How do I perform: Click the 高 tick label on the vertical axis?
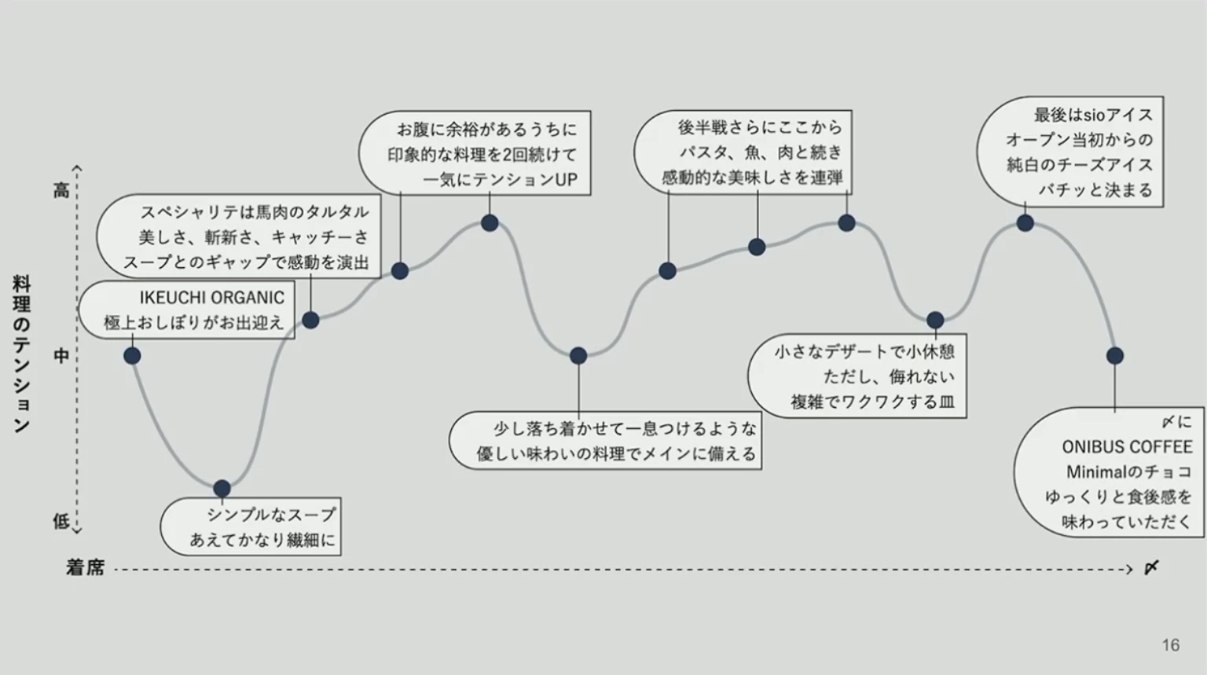click(61, 190)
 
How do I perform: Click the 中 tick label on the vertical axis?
click(61, 356)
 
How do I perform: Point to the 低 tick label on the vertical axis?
click(61, 520)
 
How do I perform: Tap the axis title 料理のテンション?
click(21, 354)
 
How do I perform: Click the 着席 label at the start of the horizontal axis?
click(85, 568)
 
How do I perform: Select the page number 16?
click(1170, 645)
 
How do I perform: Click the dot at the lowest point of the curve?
click(222, 489)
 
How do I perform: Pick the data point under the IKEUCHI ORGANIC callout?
click(132, 356)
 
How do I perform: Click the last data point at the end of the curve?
click(1114, 356)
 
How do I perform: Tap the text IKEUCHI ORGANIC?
click(211, 298)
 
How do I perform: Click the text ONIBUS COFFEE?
click(1127, 447)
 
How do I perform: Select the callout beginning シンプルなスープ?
click(251, 526)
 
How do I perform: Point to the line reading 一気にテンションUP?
click(500, 180)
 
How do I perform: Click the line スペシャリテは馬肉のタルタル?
click(254, 212)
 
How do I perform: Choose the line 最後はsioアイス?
click(1093, 115)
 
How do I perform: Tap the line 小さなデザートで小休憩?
click(864, 351)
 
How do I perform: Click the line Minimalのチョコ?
click(1128, 472)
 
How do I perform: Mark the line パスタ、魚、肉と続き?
click(760, 152)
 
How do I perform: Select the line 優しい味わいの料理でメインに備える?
click(616, 454)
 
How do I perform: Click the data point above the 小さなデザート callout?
click(935, 320)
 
